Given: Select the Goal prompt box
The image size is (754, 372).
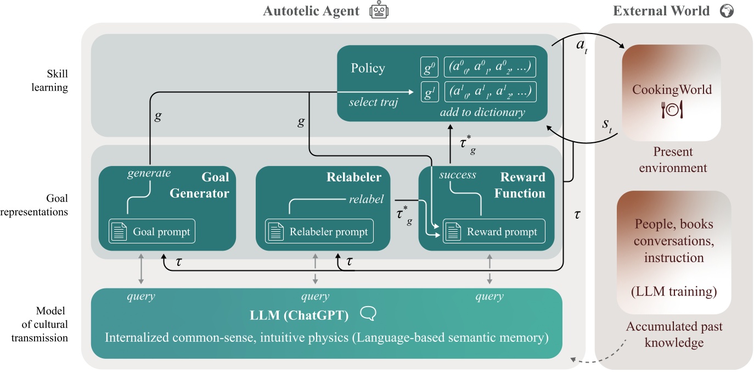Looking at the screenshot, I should point(151,232).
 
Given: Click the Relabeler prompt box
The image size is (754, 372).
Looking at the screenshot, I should point(319,232).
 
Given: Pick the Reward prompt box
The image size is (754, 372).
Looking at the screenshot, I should point(493,232).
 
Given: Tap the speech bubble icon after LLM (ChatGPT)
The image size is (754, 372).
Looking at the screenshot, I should point(368,313).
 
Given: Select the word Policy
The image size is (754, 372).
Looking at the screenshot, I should point(368,68).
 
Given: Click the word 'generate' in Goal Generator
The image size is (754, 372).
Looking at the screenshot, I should point(149,173).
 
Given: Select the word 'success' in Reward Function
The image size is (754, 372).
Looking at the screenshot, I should point(458,176).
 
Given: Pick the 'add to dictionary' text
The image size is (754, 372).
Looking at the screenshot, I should point(482,112).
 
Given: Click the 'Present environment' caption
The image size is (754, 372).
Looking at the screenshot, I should point(673,159).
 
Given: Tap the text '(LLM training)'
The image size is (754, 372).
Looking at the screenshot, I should point(674,289).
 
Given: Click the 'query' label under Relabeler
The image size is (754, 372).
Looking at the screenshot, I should point(315,297).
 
